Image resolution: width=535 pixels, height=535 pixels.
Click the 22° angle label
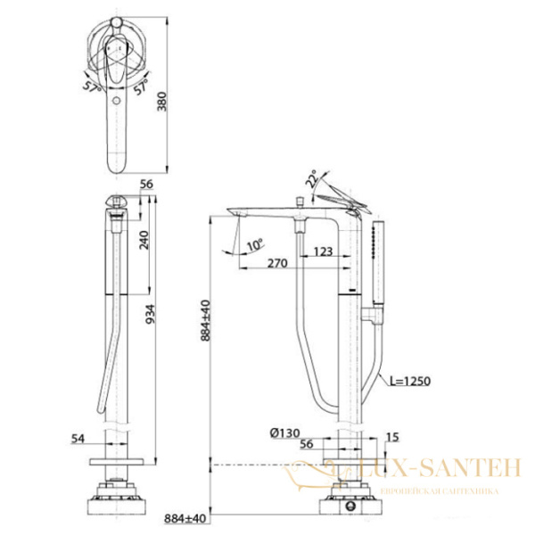pyautogui.click(x=310, y=179)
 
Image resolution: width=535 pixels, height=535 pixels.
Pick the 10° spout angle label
pyautogui.click(x=257, y=243)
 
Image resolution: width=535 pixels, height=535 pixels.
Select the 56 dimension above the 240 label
pyautogui.click(x=148, y=185)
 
